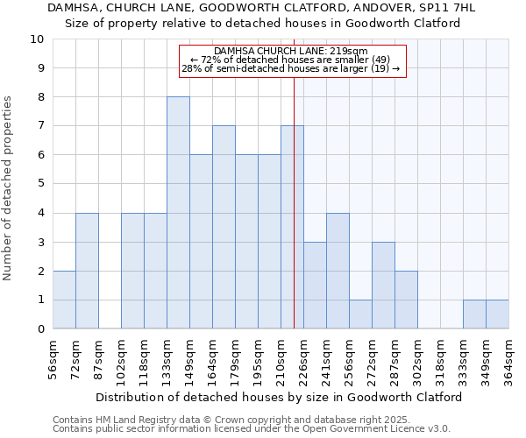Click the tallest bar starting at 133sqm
point(178,213)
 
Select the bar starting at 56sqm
point(64,300)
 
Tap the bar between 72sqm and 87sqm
point(87,271)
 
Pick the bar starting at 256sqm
point(360,314)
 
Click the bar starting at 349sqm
point(497,314)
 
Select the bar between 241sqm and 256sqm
point(338,271)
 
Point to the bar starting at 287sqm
point(406,300)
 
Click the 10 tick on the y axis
point(37,39)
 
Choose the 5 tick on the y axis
point(40,184)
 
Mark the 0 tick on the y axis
point(40,329)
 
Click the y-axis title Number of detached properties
point(9,189)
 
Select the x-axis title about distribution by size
point(278,397)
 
